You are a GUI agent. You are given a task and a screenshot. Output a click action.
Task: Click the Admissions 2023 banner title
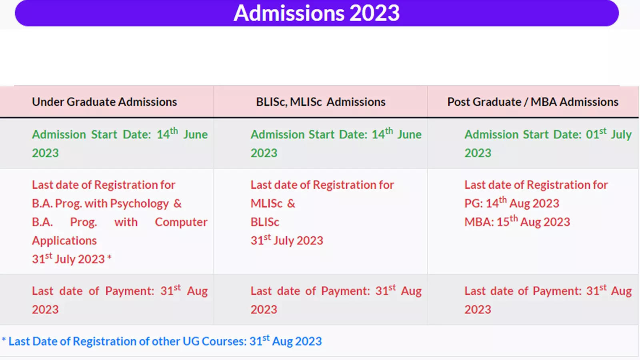(x=316, y=13)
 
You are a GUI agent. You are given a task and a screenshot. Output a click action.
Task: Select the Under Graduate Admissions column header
(x=104, y=102)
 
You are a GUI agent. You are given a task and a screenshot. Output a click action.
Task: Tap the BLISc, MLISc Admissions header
(x=320, y=102)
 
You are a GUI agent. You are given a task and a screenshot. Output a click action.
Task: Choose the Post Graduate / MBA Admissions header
(x=532, y=102)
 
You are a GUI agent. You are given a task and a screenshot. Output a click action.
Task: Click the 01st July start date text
(x=608, y=134)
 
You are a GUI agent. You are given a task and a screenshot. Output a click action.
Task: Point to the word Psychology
(x=139, y=204)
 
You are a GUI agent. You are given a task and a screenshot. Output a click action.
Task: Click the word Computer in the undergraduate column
(x=181, y=222)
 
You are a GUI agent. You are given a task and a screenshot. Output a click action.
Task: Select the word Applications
(x=64, y=241)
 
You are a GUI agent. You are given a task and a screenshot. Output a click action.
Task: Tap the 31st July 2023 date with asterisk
(x=71, y=259)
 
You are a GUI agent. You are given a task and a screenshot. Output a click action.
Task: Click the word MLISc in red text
(x=266, y=204)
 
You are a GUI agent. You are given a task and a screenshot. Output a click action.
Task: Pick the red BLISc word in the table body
(x=265, y=222)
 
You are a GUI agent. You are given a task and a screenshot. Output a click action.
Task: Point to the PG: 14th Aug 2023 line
(x=512, y=203)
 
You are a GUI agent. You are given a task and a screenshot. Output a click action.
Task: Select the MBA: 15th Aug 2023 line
(x=517, y=222)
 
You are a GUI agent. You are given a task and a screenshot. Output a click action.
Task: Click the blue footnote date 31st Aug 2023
(x=285, y=341)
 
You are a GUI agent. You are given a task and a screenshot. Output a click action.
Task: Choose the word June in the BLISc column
(x=409, y=134)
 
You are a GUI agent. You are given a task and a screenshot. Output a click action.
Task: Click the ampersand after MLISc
(x=291, y=204)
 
